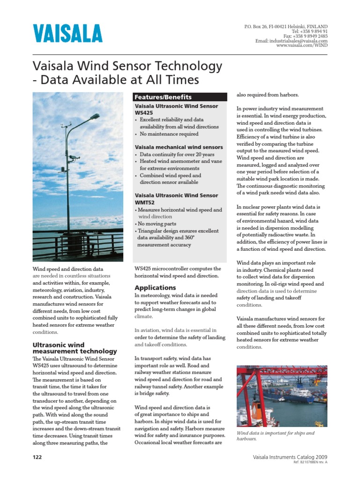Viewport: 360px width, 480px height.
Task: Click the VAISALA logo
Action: tap(67, 34)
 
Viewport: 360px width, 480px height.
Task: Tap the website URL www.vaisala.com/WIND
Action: tap(302, 45)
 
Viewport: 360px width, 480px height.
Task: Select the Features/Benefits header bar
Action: tap(180, 97)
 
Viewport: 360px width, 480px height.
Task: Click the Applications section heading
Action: tap(155, 287)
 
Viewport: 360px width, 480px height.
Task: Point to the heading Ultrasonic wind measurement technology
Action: tap(75, 348)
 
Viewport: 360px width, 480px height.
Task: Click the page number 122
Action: tap(37, 457)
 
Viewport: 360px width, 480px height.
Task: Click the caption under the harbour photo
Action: tap(275, 436)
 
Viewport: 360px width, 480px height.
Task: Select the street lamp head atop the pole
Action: tap(94, 116)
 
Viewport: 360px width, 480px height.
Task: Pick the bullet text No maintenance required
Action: tap(169, 134)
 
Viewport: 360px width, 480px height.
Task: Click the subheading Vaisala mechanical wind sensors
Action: tap(179, 147)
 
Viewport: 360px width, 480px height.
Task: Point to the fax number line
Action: tap(306, 36)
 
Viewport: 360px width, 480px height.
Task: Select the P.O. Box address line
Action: tap(286, 27)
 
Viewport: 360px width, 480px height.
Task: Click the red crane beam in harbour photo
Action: tap(281, 370)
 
